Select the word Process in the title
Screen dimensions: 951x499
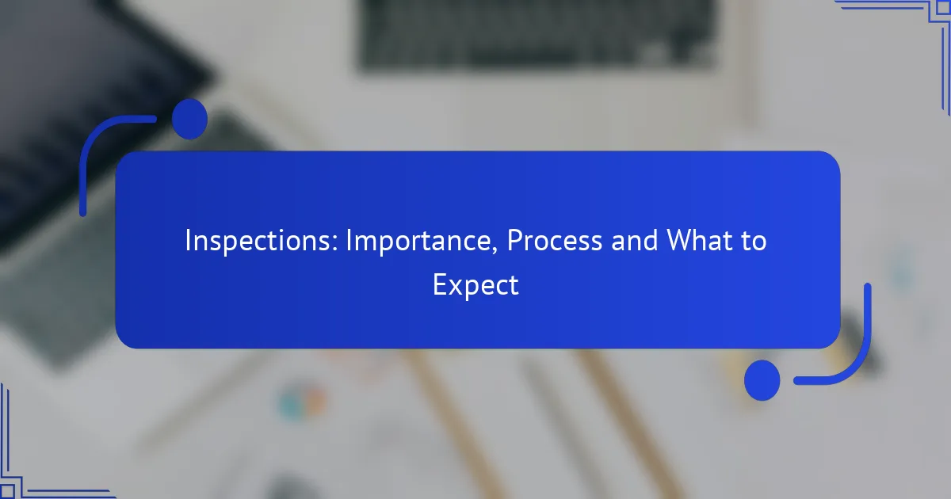point(555,240)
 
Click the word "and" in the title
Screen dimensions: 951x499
point(634,240)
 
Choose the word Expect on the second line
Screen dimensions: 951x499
point(475,286)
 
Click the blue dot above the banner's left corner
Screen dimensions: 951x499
point(189,120)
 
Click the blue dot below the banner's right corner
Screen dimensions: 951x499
point(762,380)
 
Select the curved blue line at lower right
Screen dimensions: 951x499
point(853,360)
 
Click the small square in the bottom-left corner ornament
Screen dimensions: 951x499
point(7,491)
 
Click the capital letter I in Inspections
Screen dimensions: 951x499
point(188,240)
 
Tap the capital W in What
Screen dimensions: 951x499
point(682,240)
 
